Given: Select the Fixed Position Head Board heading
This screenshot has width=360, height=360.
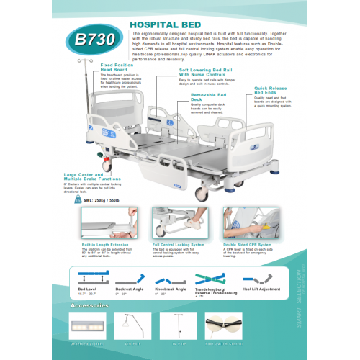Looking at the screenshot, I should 115,68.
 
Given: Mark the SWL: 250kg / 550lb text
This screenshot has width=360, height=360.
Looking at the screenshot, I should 102,200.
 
